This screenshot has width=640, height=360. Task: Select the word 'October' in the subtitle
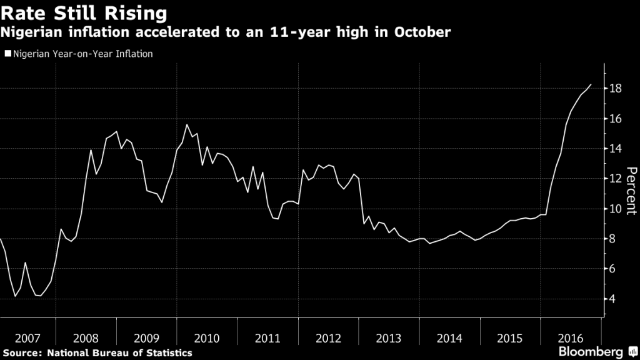coord(424,32)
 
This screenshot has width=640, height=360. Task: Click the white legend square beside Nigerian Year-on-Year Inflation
coord(7,54)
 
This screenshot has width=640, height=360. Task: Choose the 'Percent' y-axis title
coord(631,191)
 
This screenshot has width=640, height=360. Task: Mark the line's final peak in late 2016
coord(591,84)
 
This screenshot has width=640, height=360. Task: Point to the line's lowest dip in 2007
coord(15,296)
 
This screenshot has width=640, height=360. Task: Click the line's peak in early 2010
coord(187,124)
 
